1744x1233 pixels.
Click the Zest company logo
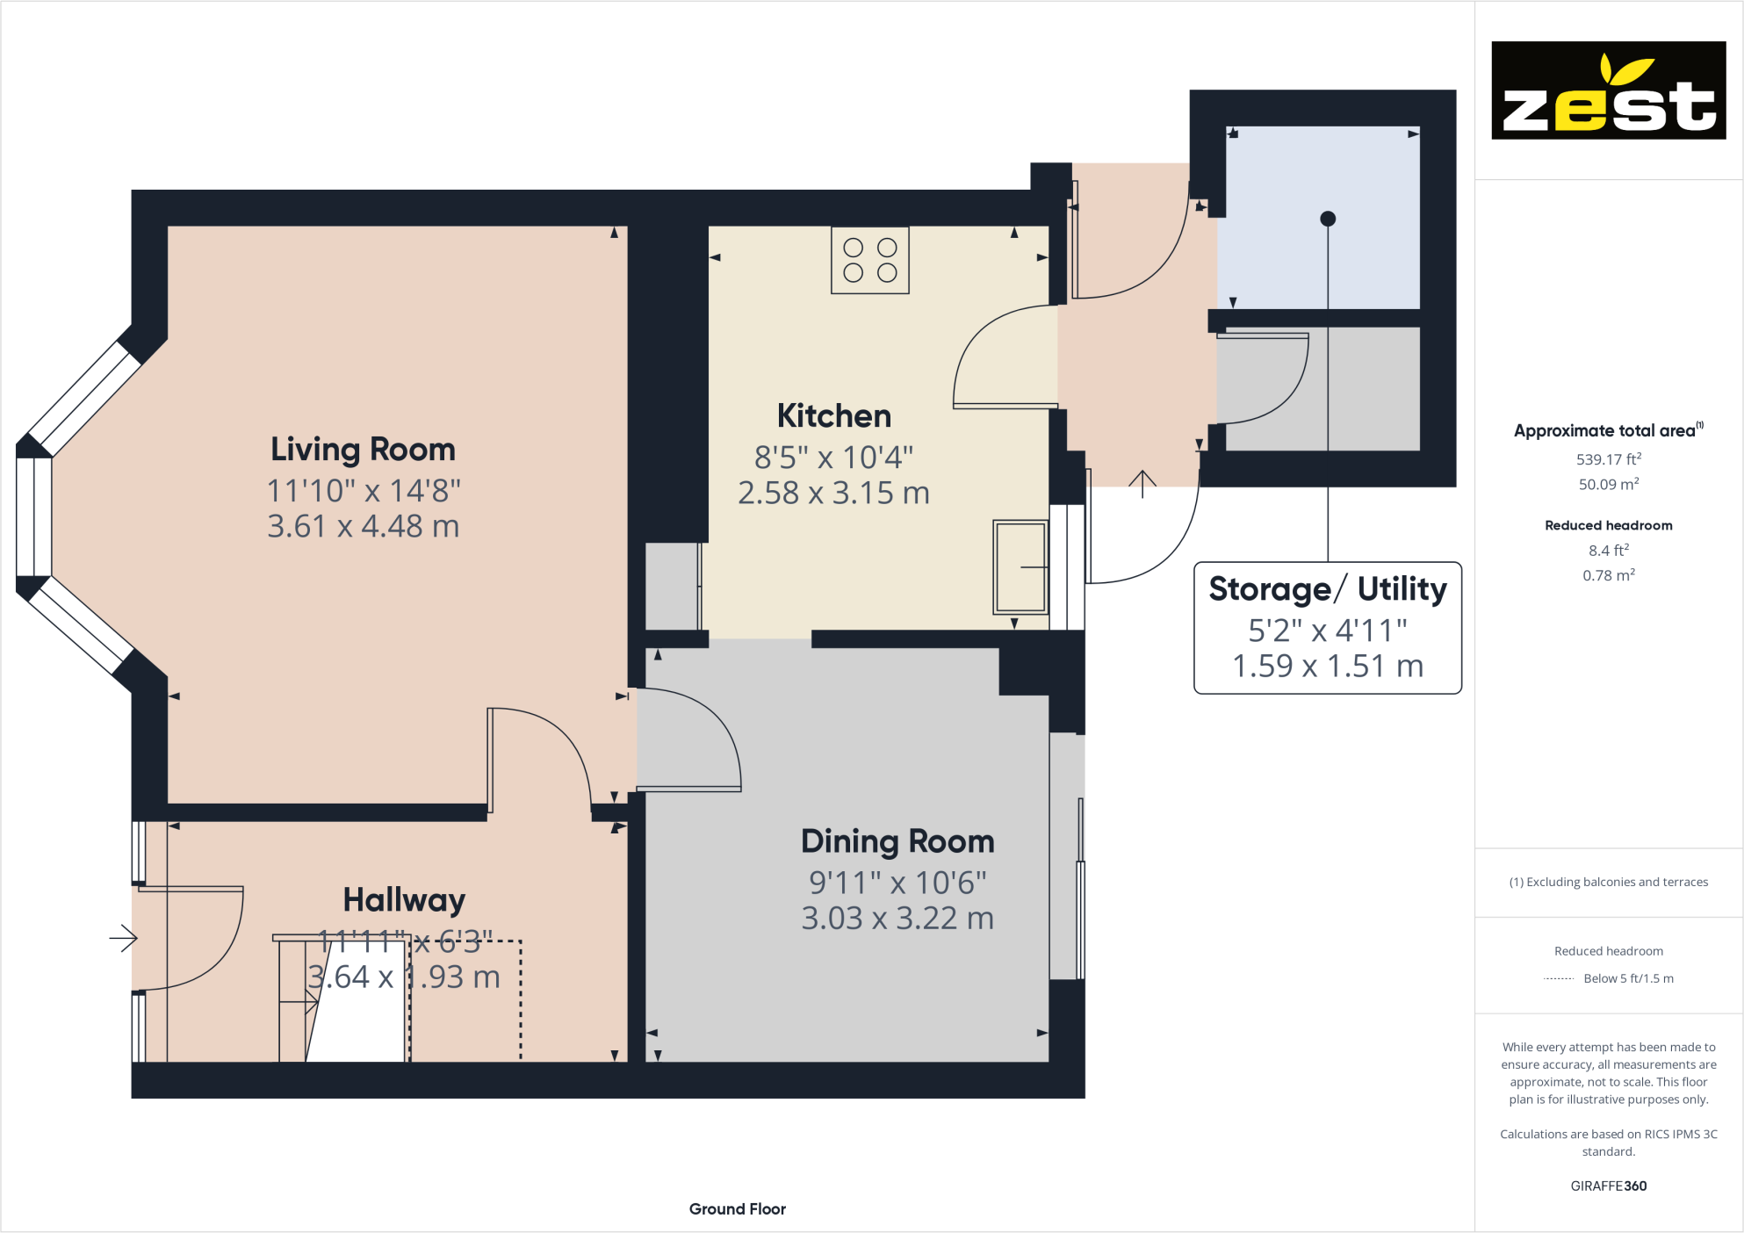pos(1608,90)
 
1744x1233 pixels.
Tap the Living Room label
pos(363,450)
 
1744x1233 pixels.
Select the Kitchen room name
pos(834,415)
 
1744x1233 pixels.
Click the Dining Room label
pos(897,841)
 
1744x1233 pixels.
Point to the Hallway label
pos(404,900)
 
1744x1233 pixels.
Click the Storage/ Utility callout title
pos(1328,588)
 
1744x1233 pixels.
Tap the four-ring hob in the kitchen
pos(870,260)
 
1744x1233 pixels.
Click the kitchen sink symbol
pos(1020,567)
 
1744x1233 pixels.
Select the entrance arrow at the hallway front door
pos(124,939)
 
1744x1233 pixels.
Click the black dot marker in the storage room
pos(1328,219)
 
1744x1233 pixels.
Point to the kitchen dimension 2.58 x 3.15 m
pos(833,493)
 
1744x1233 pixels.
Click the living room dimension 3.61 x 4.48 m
pos(363,526)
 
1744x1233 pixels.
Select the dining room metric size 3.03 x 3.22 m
pos(897,918)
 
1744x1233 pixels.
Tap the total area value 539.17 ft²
pos(1609,458)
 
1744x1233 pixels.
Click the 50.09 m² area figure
pos(1609,484)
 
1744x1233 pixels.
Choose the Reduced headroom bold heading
pos(1609,525)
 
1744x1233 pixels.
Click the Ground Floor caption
pos(738,1209)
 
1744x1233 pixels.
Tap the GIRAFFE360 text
pos(1609,1186)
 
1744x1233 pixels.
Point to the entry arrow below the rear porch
pos(1142,484)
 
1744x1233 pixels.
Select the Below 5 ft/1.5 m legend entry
pos(1628,978)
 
